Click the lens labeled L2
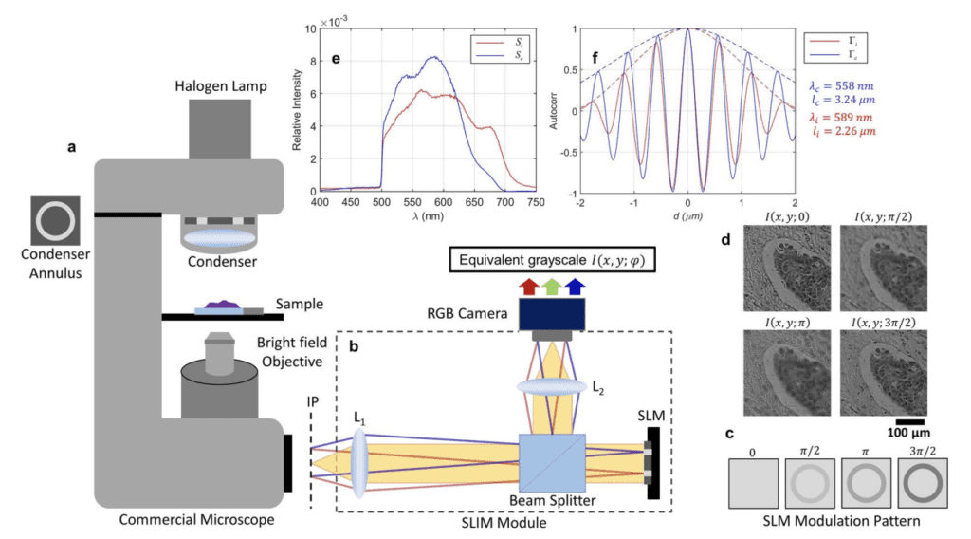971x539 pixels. [552, 386]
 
